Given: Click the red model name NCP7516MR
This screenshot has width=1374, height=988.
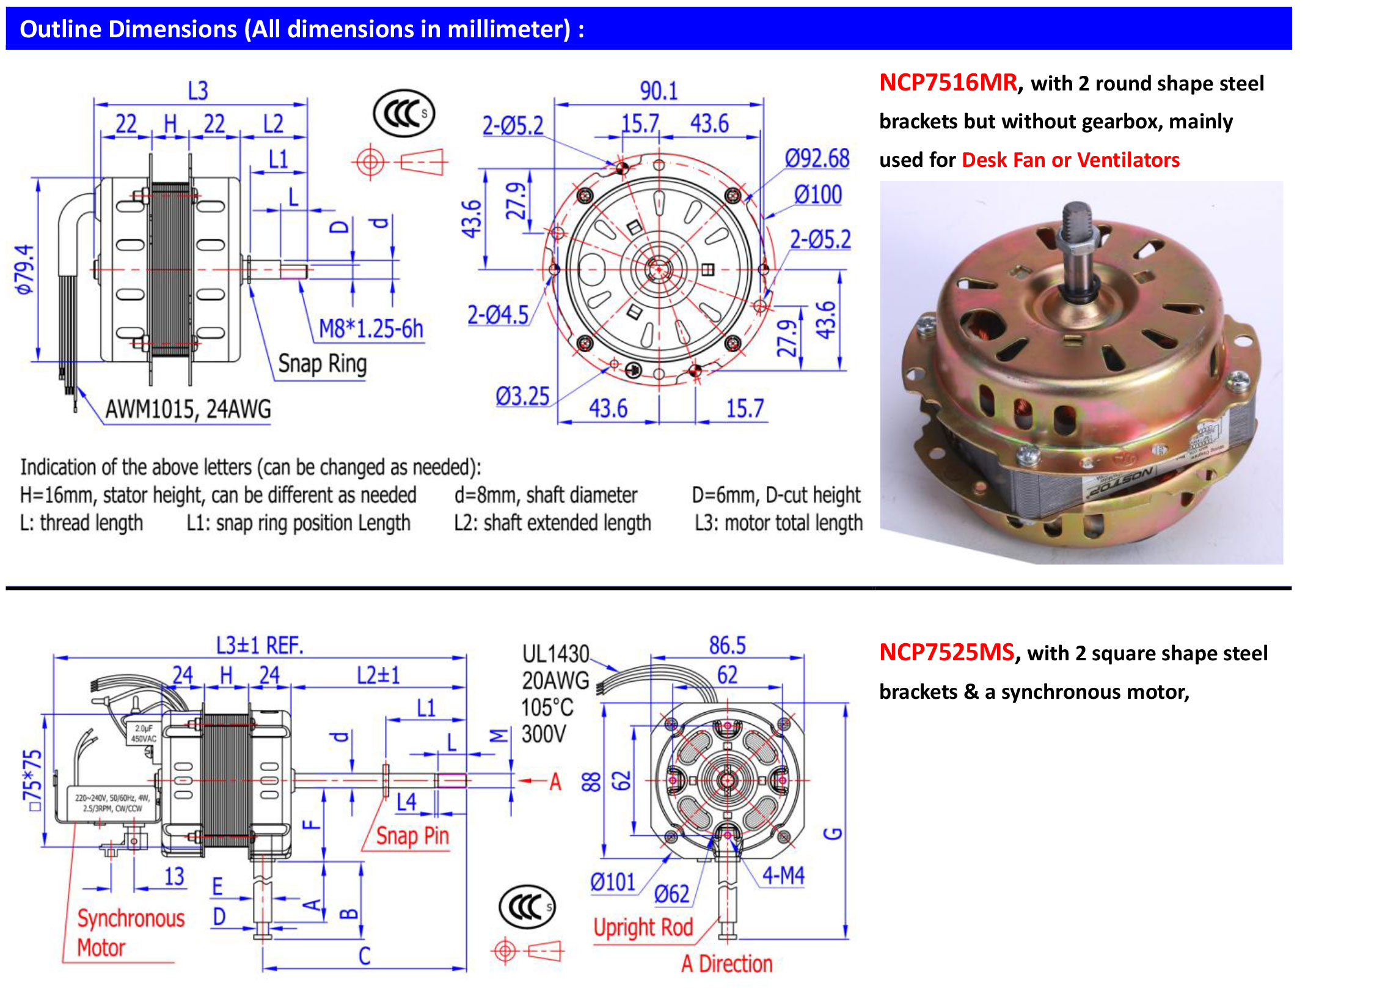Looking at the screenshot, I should tap(948, 83).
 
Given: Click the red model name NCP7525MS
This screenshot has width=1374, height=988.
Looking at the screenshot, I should tap(946, 652).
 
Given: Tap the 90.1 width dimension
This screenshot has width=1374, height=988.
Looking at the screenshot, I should tap(659, 91).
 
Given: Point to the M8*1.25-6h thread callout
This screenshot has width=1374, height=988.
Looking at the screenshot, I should tap(371, 329).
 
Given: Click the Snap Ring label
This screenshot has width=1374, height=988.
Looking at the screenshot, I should tap(322, 364).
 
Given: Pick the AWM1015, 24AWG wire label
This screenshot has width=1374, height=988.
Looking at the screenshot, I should tap(188, 409).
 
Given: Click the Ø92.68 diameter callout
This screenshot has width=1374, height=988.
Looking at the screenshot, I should tap(817, 159).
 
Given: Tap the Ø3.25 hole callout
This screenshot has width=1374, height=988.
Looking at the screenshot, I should tap(522, 396).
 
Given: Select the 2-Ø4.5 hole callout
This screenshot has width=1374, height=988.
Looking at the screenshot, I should tap(497, 315).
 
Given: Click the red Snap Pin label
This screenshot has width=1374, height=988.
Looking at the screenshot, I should tap(412, 836).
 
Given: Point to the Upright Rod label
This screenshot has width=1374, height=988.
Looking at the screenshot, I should tap(643, 927).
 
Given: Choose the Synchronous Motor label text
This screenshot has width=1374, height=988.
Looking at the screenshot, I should tap(130, 932).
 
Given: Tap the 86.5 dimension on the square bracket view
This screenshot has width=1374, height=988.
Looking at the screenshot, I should tap(727, 646).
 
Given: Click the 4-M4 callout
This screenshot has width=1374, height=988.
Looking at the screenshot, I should tap(783, 876).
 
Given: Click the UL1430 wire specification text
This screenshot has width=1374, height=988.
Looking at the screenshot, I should tap(555, 654).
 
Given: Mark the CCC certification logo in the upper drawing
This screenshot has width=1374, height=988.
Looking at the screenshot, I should tap(404, 114).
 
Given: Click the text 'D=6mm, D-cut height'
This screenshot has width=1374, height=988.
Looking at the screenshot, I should tap(776, 495).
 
